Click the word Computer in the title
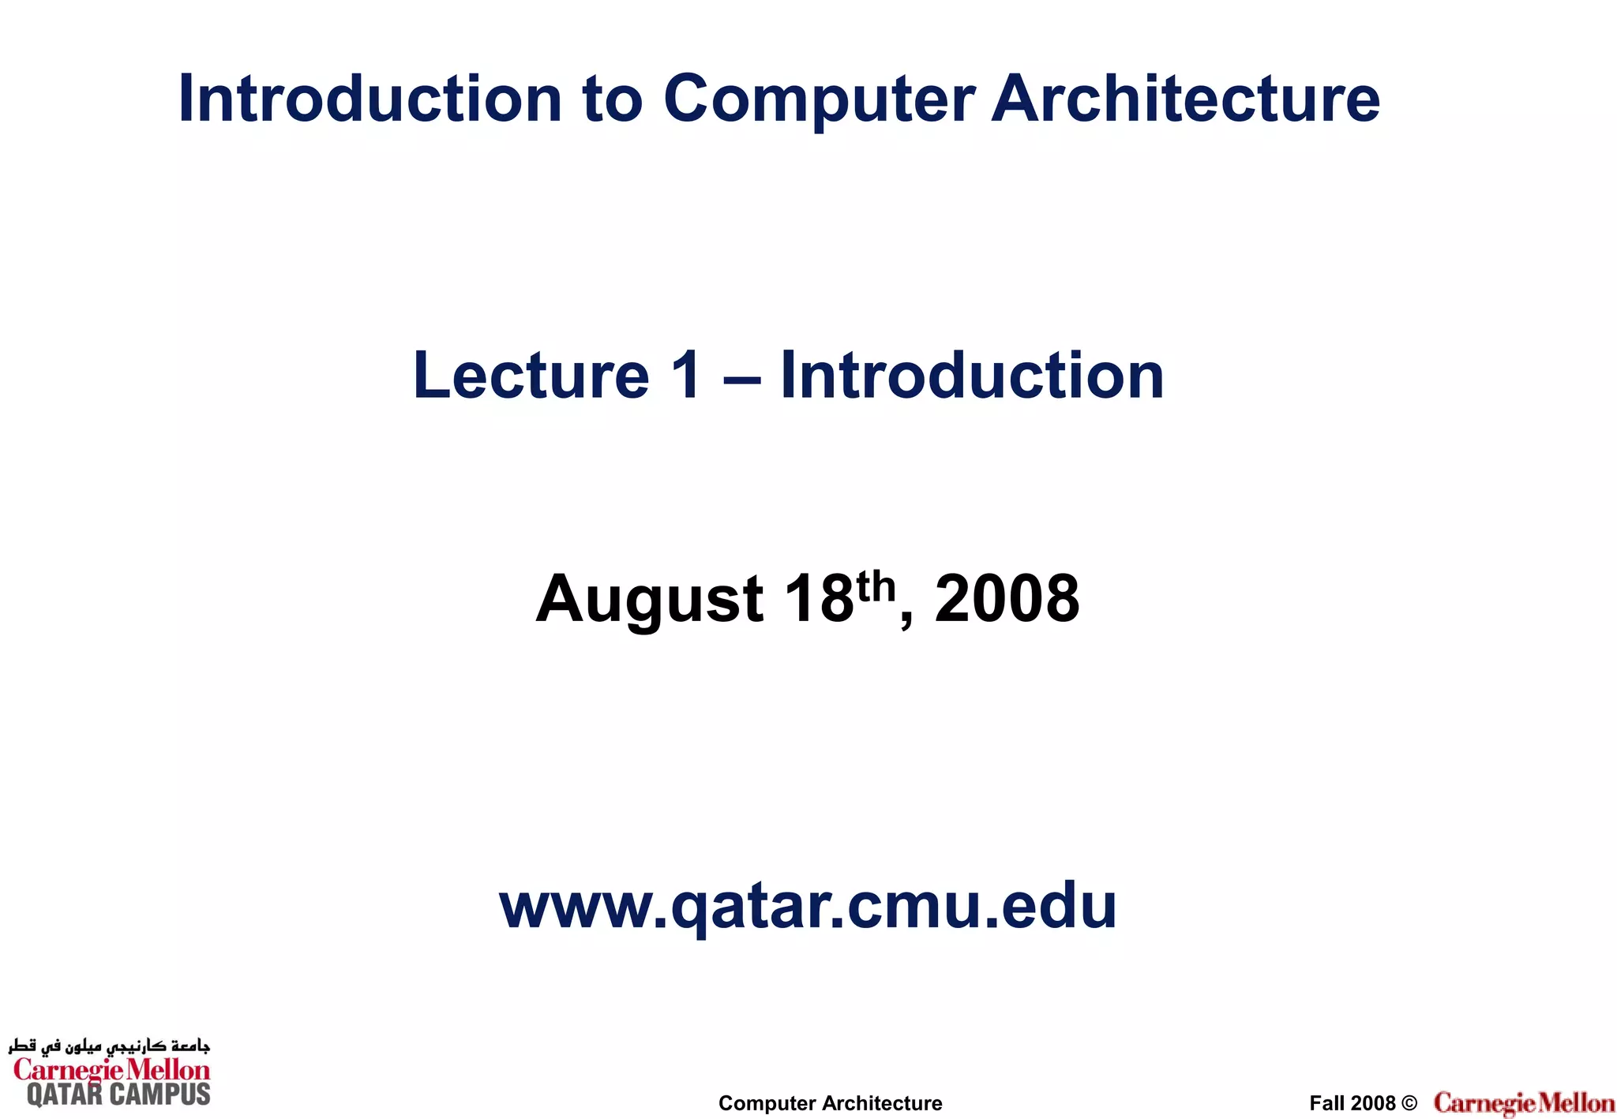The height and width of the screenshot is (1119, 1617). pos(819,99)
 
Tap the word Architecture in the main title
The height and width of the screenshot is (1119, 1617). pos(1185,99)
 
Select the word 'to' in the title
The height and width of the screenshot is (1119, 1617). pos(612,99)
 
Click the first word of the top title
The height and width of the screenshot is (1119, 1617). pos(370,99)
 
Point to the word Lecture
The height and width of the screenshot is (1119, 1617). pos(531,376)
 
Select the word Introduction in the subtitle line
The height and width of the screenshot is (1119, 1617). pos(972,376)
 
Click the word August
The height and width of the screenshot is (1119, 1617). pos(649,600)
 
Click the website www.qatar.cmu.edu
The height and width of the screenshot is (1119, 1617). pos(808,907)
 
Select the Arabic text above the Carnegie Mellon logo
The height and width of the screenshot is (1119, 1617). pos(109,1046)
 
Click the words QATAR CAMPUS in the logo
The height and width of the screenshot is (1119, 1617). pos(118,1095)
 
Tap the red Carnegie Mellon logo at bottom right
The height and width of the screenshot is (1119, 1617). pos(1524,1103)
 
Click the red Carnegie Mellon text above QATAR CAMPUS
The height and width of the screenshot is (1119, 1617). pos(111,1070)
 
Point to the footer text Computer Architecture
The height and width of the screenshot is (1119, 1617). pos(830,1103)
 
